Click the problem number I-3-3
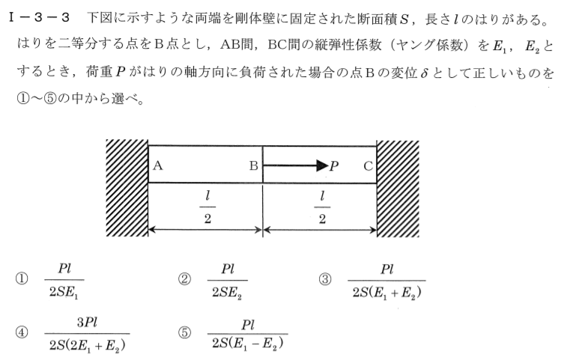click(x=39, y=17)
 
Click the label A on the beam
click(x=157, y=165)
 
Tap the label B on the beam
click(x=254, y=165)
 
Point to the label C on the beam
click(x=369, y=166)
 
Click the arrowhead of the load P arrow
click(x=322, y=165)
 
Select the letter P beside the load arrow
click(x=334, y=166)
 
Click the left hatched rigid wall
click(x=127, y=188)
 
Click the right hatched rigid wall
click(x=398, y=189)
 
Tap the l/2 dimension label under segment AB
click(x=207, y=207)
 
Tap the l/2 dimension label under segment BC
click(x=322, y=207)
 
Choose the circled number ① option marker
click(x=22, y=279)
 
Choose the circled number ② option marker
click(x=184, y=279)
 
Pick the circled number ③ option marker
click(x=325, y=279)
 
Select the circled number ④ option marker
click(x=22, y=332)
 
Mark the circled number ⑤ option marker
click(x=184, y=332)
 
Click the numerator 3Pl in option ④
click(x=88, y=323)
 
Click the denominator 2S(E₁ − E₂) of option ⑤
click(x=248, y=344)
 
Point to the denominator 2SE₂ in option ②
click(x=227, y=293)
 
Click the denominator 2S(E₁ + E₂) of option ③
click(x=386, y=293)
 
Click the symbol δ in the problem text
click(x=424, y=73)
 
